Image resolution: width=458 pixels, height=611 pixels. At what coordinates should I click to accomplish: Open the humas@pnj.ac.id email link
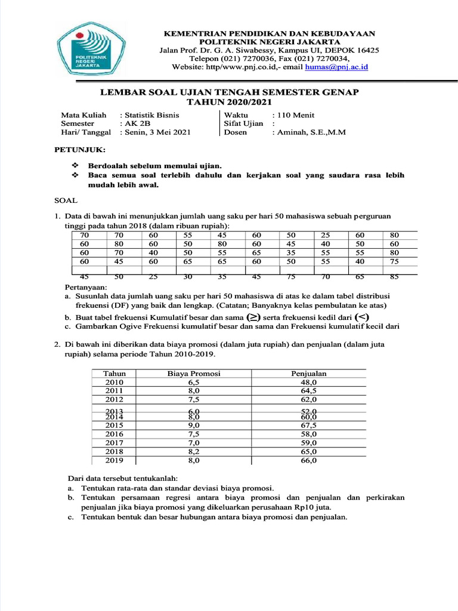tap(336, 67)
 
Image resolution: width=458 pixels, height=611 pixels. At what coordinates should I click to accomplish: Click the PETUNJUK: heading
tap(80, 149)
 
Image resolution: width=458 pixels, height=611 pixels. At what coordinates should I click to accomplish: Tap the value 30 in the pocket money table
tap(188, 276)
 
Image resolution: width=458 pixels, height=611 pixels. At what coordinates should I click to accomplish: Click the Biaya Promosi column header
tap(194, 374)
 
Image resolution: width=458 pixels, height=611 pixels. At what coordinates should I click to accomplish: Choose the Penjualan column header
tap(308, 374)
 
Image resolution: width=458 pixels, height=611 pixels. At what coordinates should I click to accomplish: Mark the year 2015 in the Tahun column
tap(114, 425)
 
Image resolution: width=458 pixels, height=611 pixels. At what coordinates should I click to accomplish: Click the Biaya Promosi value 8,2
tap(194, 452)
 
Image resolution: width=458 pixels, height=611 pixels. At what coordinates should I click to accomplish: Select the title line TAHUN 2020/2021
tap(229, 101)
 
